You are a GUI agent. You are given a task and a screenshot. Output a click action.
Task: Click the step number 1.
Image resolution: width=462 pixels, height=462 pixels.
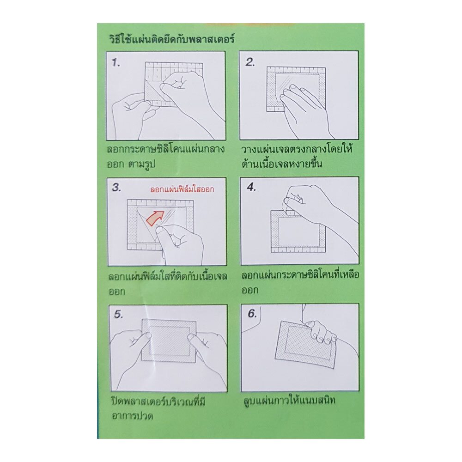116,62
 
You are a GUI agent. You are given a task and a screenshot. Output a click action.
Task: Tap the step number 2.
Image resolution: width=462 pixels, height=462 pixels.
250,62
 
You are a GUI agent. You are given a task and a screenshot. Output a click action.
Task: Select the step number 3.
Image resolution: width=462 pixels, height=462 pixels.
117,188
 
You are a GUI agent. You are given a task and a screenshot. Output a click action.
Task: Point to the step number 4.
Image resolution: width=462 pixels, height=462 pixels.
251,187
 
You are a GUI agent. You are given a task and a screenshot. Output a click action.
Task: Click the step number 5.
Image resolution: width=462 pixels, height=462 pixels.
118,314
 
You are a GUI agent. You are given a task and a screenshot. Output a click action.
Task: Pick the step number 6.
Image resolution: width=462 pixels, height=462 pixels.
252,313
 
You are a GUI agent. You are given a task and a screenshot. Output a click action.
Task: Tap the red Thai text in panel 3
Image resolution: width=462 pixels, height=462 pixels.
182,189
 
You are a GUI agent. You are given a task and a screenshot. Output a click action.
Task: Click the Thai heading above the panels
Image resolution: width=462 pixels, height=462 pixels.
172,39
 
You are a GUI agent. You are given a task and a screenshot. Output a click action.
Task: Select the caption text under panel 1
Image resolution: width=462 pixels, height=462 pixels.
166,157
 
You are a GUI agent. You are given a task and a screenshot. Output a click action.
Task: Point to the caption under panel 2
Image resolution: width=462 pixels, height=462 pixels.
297,156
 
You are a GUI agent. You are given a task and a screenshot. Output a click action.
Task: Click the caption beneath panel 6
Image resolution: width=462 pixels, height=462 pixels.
290,401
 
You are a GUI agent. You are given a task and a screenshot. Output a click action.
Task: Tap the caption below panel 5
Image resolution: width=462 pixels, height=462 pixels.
158,409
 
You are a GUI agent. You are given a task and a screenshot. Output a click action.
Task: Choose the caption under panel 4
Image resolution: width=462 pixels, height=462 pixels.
300,282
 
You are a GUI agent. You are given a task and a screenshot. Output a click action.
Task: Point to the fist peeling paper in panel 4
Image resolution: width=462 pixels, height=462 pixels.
304,201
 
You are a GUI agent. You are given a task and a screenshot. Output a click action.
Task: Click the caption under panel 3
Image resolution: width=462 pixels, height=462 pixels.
168,284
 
